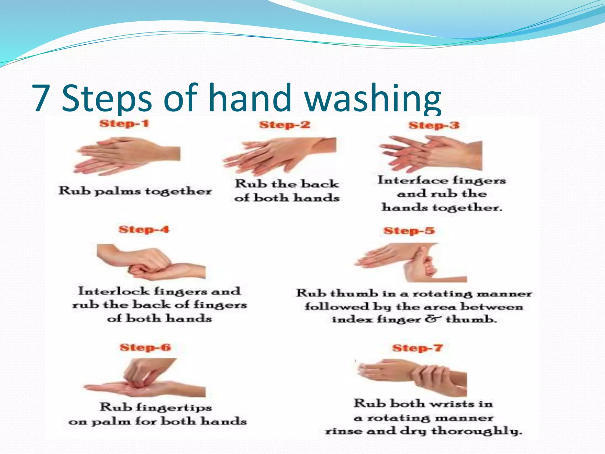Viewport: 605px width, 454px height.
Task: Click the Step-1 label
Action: [x=124, y=123]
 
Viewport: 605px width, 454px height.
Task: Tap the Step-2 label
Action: [x=285, y=125]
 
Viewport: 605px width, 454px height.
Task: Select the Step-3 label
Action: [x=434, y=125]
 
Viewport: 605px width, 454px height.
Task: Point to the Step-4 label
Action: [x=144, y=229]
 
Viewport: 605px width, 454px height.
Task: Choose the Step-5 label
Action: [x=409, y=231]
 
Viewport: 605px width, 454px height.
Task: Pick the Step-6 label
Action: [x=145, y=347]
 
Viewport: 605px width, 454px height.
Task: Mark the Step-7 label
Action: [x=417, y=348]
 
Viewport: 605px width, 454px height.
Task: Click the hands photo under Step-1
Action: [x=128, y=156]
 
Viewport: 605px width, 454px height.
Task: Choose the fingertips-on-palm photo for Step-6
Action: [x=145, y=378]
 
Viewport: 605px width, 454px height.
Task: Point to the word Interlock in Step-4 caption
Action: [x=114, y=291]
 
